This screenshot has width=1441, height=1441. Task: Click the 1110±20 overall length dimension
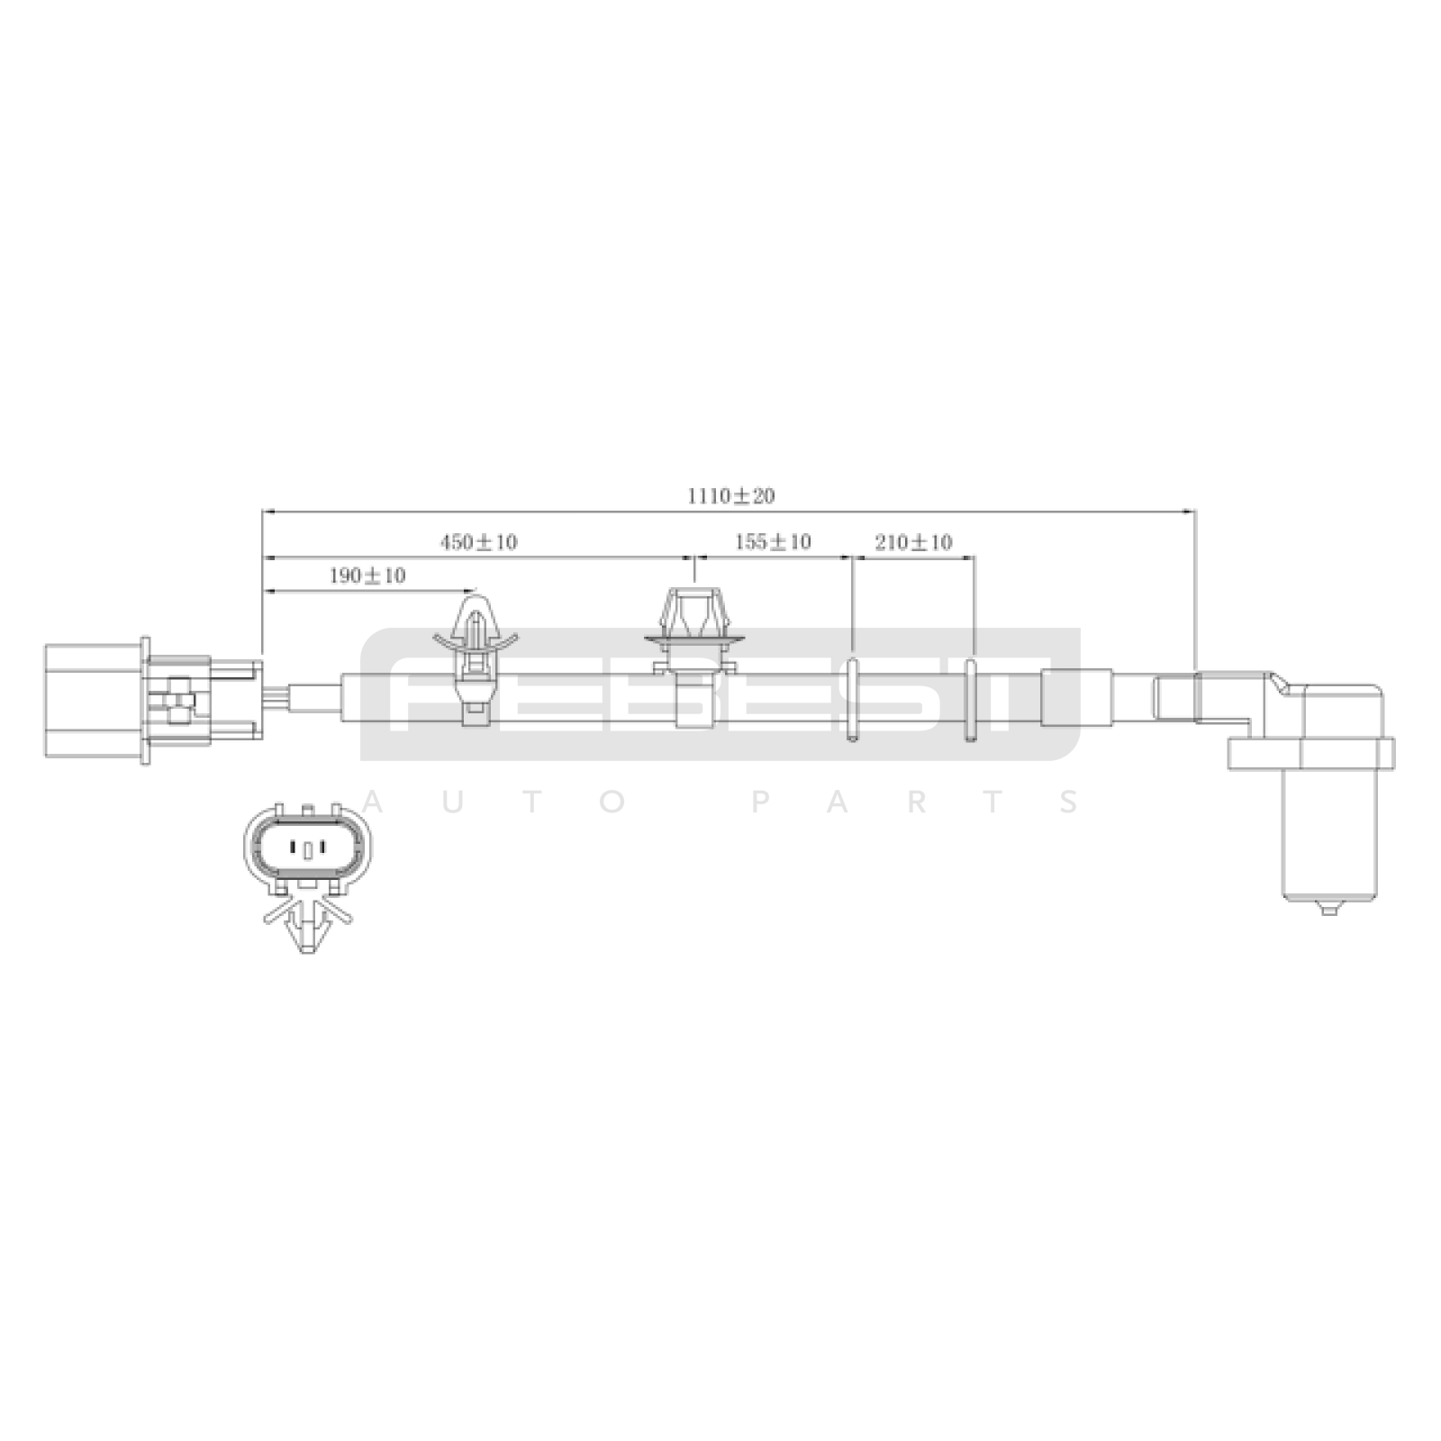tap(731, 495)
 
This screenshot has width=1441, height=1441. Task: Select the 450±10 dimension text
tap(478, 542)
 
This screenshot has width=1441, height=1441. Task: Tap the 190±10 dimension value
tap(367, 575)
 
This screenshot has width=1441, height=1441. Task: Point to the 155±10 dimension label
tap(773, 542)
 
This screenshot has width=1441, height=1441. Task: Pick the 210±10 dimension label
tap(913, 542)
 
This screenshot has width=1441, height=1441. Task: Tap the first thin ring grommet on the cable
tap(852, 701)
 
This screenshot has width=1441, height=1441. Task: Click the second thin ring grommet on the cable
tap(971, 701)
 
